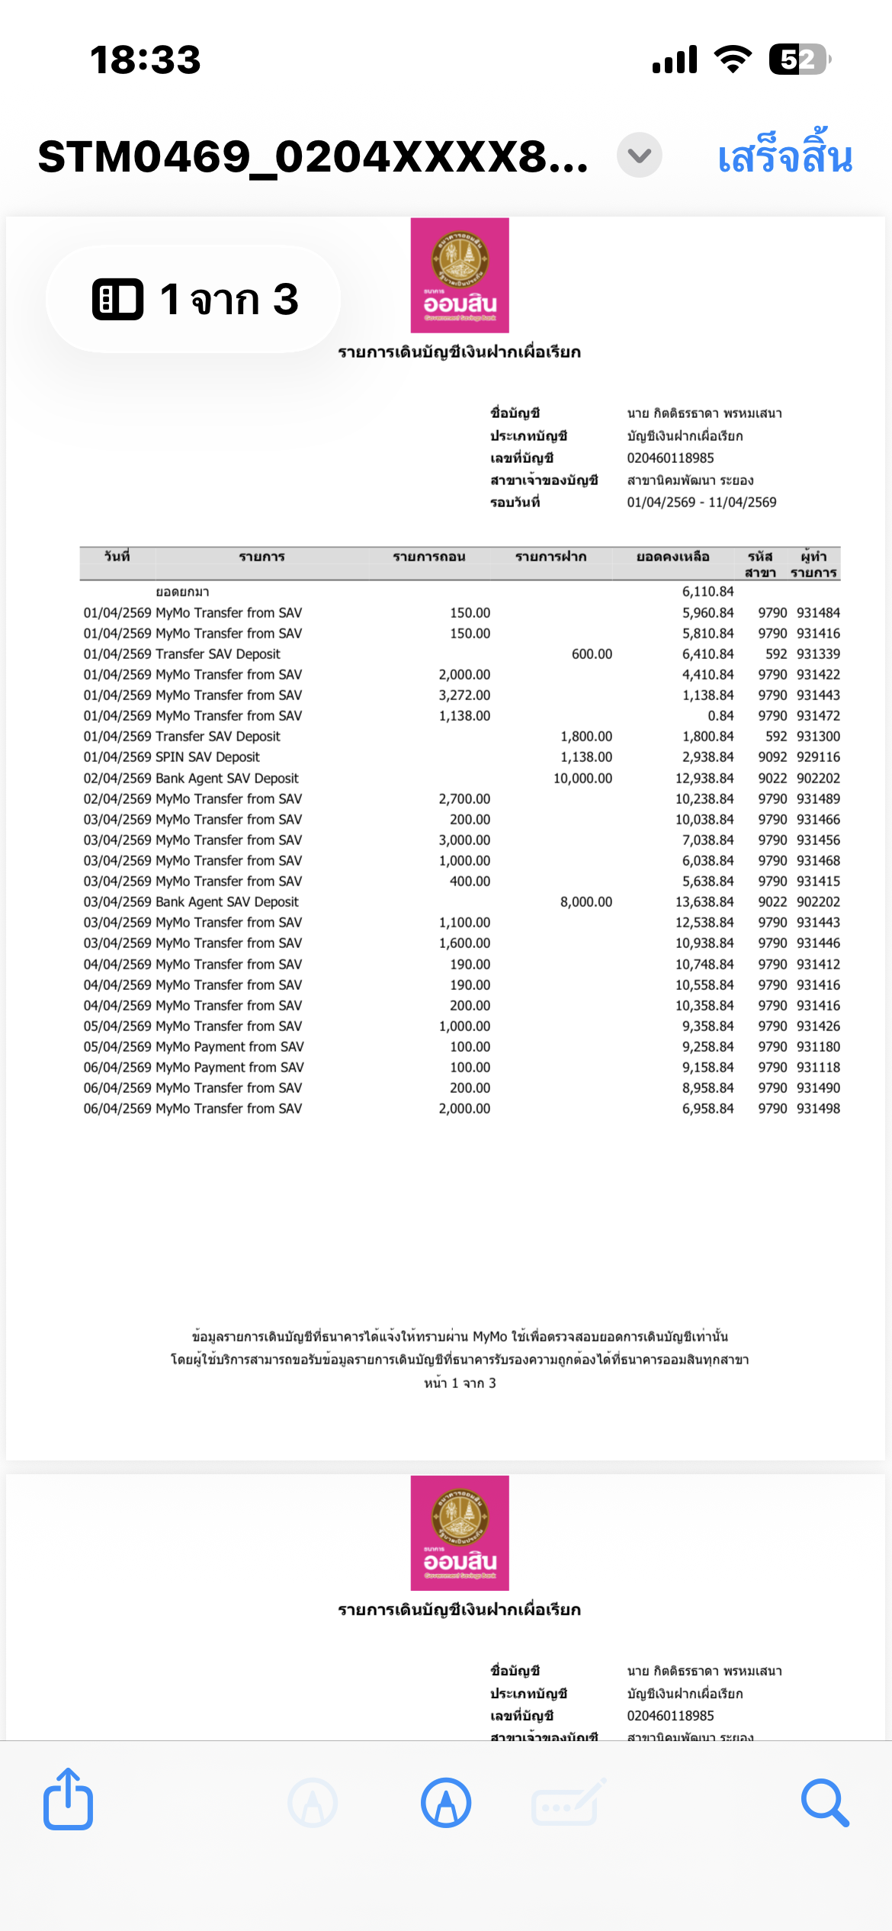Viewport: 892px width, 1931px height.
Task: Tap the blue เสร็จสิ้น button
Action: [x=785, y=156]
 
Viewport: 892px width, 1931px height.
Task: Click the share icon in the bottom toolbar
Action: [x=68, y=1801]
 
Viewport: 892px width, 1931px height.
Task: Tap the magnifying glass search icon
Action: [x=824, y=1803]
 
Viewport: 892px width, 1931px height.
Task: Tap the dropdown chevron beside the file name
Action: [x=639, y=156]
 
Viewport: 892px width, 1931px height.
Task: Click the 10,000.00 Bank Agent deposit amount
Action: [x=582, y=778]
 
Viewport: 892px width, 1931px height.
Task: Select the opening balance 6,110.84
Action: [x=708, y=592]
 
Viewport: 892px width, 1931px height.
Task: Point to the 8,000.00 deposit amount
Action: [x=586, y=901]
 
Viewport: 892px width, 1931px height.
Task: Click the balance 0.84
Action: [x=720, y=715]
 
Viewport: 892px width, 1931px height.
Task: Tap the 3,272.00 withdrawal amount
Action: [x=464, y=695]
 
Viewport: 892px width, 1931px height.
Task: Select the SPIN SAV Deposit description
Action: [x=207, y=757]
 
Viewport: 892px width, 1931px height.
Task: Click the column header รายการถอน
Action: [x=428, y=557]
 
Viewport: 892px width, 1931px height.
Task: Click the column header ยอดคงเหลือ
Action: [x=672, y=557]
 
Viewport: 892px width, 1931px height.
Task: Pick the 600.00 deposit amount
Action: [x=592, y=654]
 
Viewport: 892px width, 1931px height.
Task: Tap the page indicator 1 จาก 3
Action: [x=194, y=299]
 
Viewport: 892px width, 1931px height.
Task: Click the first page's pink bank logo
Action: [x=460, y=275]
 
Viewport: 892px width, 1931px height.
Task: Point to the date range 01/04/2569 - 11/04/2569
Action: [x=701, y=502]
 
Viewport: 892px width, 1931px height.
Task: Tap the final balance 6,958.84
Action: [x=708, y=1108]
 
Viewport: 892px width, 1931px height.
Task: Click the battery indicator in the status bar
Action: [x=798, y=59]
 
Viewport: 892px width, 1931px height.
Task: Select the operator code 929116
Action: [x=818, y=757]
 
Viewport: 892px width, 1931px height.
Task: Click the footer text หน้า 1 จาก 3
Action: [x=460, y=1383]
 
